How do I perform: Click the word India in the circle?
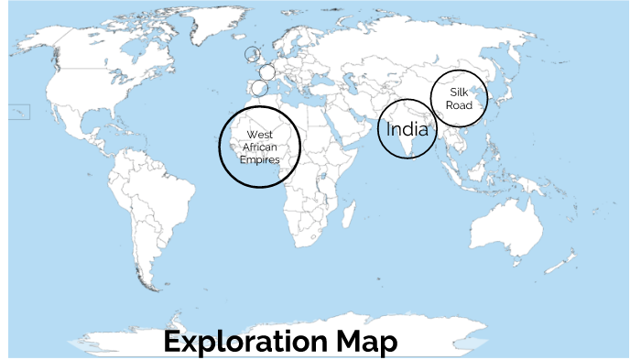click(x=407, y=128)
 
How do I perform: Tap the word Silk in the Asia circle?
click(x=459, y=93)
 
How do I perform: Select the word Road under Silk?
click(x=459, y=105)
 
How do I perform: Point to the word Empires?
click(x=259, y=158)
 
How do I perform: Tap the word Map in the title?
click(x=365, y=342)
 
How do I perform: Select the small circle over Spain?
click(x=260, y=88)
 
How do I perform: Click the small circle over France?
click(x=266, y=71)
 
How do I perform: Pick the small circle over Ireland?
click(x=252, y=55)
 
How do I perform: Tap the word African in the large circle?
click(x=259, y=147)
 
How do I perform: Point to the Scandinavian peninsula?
click(x=293, y=41)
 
